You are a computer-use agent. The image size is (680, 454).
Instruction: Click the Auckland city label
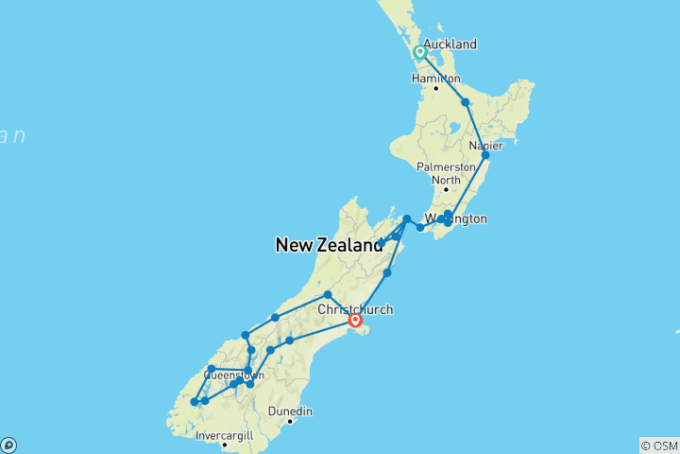click(x=450, y=44)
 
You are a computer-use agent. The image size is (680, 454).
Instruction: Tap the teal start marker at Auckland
click(x=419, y=53)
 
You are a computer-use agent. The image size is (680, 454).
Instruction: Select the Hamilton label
click(x=437, y=79)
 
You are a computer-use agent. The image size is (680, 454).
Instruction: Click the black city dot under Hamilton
click(x=436, y=89)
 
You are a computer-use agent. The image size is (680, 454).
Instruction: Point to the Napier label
click(x=485, y=146)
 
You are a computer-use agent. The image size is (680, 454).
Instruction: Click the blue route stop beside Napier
click(x=485, y=155)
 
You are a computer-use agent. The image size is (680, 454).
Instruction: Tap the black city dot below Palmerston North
click(x=446, y=189)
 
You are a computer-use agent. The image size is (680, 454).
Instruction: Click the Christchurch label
click(x=355, y=309)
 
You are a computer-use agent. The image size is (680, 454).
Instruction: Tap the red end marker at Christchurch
click(x=355, y=321)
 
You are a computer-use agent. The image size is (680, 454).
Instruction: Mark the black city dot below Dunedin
click(x=290, y=422)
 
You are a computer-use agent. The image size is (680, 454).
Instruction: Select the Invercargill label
click(x=224, y=435)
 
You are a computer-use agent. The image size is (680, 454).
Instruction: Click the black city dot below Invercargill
click(x=224, y=445)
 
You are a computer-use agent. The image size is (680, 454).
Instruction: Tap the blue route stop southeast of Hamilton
click(x=465, y=102)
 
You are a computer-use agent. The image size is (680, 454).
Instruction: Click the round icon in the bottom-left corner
click(x=8, y=445)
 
